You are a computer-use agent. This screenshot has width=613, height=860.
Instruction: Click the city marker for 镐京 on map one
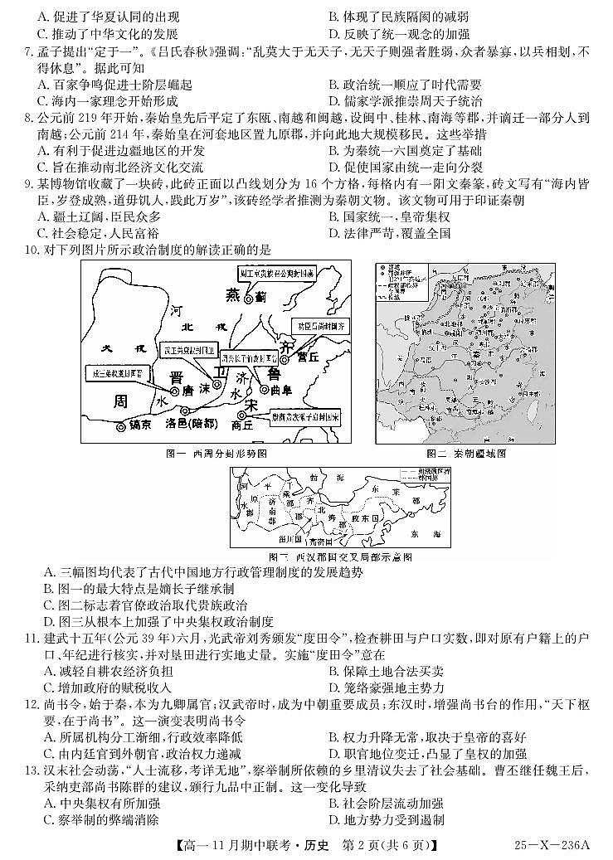tap(122, 427)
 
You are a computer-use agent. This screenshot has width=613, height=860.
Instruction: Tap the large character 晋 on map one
tap(176, 377)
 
